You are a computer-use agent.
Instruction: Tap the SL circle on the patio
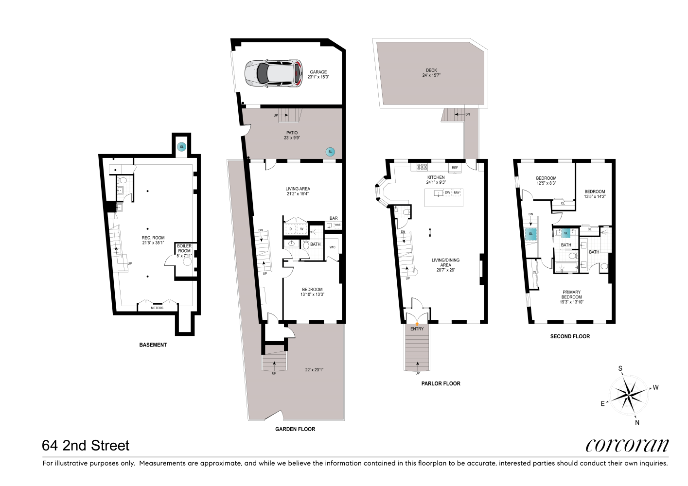(x=330, y=152)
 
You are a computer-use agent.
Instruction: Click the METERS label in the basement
(x=157, y=308)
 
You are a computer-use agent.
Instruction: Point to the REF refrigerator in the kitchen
(x=455, y=168)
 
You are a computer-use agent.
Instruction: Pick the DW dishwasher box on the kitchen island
(x=447, y=193)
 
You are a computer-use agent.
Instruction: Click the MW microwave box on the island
(x=457, y=193)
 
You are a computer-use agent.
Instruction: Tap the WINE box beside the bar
(x=337, y=225)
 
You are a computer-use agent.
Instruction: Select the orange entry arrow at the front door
(x=417, y=324)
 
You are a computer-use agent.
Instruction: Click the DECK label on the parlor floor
(x=431, y=70)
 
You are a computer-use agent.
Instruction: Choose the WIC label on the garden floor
(x=332, y=247)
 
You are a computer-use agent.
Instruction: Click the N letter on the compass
(x=637, y=422)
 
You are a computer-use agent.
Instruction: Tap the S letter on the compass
(x=620, y=368)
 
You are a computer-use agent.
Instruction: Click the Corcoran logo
(x=627, y=446)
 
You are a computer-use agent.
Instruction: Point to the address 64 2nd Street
(x=86, y=446)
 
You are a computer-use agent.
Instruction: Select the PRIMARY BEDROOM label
(x=571, y=295)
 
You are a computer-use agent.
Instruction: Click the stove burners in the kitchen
(x=422, y=167)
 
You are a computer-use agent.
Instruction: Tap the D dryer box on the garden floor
(x=291, y=229)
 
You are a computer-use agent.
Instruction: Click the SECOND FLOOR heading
(x=570, y=336)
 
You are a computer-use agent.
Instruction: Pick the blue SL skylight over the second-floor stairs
(x=531, y=234)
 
